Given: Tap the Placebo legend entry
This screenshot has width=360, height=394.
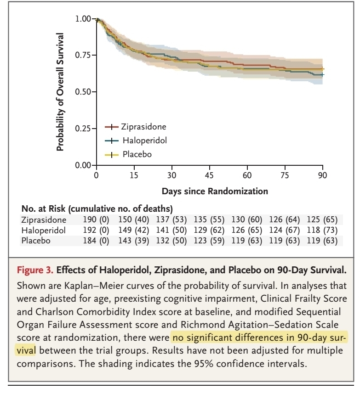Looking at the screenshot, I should pyautogui.click(x=137, y=155).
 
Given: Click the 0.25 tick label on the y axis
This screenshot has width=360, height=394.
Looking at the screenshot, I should pyautogui.click(x=83, y=129).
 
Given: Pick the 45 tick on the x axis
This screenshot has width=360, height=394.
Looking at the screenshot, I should pyautogui.click(x=209, y=175).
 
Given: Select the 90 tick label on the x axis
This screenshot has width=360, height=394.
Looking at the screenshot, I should pyautogui.click(x=323, y=175).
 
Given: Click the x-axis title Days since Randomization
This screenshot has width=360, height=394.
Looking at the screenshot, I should pyautogui.click(x=215, y=190).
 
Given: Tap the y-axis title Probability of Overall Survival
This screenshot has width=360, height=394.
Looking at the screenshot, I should pyautogui.click(x=60, y=92).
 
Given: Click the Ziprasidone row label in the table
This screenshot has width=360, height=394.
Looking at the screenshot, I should pyautogui.click(x=44, y=220).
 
